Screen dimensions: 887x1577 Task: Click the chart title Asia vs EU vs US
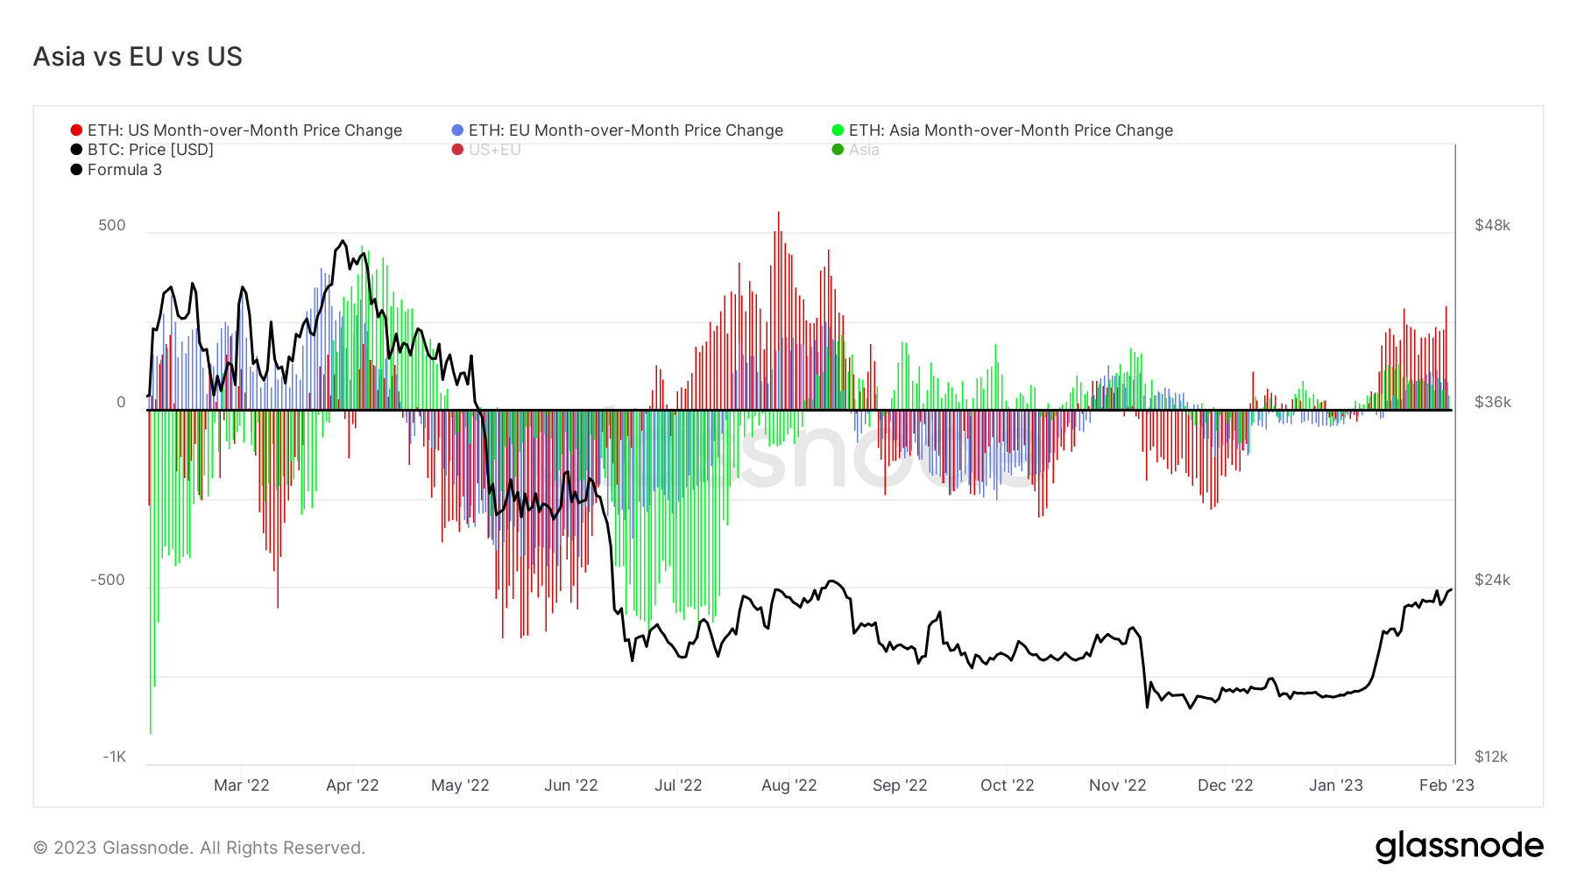(138, 57)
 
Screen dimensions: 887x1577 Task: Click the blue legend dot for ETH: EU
(457, 130)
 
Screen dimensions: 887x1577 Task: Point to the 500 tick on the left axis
(112, 225)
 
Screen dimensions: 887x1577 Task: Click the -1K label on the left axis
(115, 757)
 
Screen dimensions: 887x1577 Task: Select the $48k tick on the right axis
(1492, 225)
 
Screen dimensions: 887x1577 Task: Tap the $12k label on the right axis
(1491, 757)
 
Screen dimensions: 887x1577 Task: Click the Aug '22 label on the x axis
(788, 785)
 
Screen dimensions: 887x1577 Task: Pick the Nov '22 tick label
(1117, 785)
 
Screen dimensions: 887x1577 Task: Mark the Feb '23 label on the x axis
(1446, 785)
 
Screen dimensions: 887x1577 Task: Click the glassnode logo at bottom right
(1459, 847)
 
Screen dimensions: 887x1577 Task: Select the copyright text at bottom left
(199, 848)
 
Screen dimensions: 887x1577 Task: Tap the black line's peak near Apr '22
(343, 242)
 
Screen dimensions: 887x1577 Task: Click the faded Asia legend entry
(863, 150)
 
